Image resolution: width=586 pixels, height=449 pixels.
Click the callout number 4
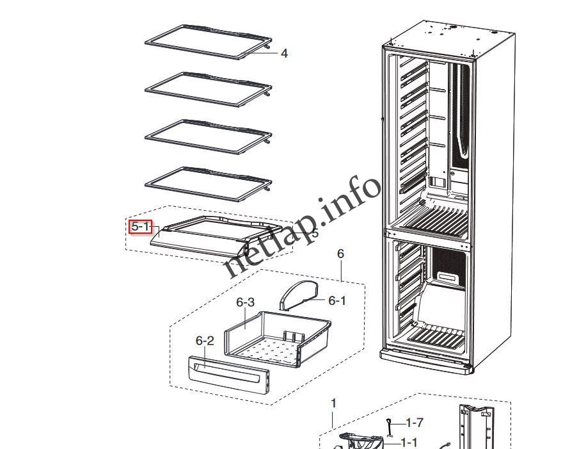pyautogui.click(x=284, y=54)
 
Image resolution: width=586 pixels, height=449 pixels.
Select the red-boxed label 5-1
pyautogui.click(x=140, y=227)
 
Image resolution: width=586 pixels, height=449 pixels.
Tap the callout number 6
pyautogui.click(x=340, y=254)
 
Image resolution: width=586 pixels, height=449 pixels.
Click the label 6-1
pyautogui.click(x=337, y=300)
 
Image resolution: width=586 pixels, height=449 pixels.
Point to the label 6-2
pyautogui.click(x=205, y=341)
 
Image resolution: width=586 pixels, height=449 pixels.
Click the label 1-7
pyautogui.click(x=415, y=423)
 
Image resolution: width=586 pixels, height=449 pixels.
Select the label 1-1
pyautogui.click(x=409, y=442)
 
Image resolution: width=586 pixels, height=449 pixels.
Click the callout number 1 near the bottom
pyautogui.click(x=333, y=404)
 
